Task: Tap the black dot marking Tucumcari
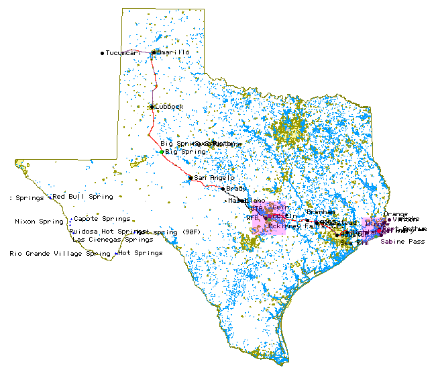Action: point(103,52)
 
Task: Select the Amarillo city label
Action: point(174,52)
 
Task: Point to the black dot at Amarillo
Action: point(154,52)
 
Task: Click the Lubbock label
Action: point(170,106)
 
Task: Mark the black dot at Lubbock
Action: point(152,106)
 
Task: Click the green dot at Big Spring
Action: point(162,152)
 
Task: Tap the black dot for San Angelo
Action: point(190,178)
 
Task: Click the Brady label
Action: point(237,189)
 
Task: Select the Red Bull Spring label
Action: point(83,197)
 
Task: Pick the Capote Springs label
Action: point(102,219)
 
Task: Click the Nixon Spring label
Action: point(39,222)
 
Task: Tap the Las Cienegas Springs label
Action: point(113,239)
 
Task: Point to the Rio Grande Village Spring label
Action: point(60,254)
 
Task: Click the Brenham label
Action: point(321,212)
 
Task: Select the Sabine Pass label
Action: point(402,241)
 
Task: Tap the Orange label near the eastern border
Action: point(396,214)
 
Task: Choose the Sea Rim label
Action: point(355,242)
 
